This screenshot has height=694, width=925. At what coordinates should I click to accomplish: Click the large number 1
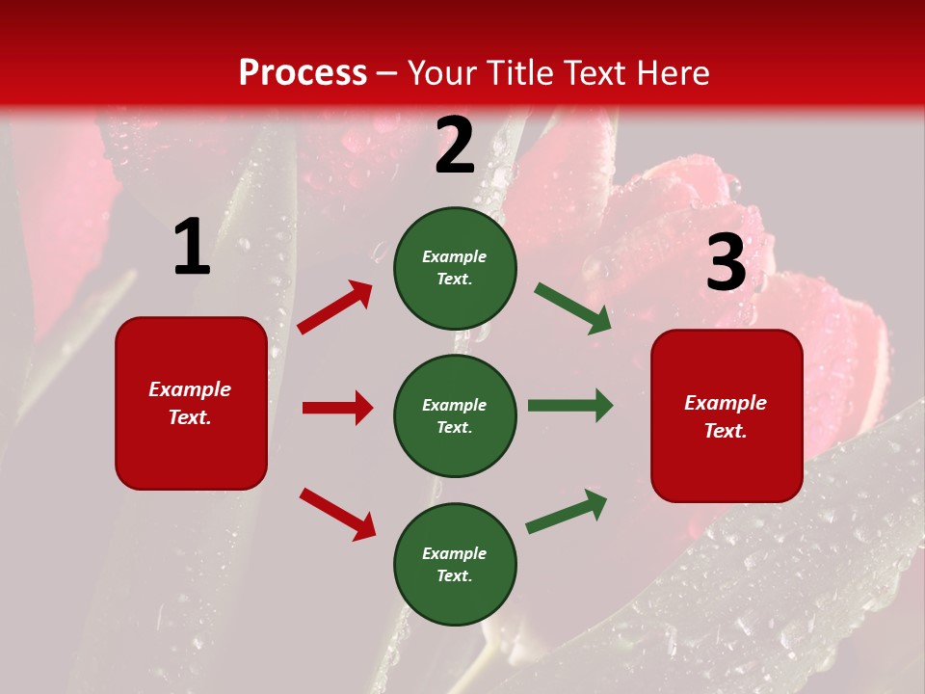(192, 248)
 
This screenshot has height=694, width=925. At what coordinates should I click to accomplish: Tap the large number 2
(455, 146)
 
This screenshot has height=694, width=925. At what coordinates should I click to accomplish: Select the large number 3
(726, 263)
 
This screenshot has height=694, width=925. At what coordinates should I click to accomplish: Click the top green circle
(455, 268)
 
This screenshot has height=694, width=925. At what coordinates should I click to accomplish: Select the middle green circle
(455, 415)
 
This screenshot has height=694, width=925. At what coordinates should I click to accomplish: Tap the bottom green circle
(455, 564)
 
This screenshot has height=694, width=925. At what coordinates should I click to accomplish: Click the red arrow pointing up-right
(335, 307)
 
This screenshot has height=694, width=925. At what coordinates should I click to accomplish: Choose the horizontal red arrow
(338, 408)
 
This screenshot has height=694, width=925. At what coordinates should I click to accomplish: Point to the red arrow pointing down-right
(337, 514)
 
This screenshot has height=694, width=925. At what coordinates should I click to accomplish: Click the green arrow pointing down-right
(573, 308)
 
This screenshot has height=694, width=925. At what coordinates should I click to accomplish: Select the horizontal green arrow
(570, 405)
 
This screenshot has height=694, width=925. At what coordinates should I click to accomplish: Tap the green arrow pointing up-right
(567, 511)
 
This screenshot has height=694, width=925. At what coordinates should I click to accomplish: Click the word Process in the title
(303, 72)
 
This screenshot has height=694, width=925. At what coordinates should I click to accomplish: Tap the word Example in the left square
(190, 388)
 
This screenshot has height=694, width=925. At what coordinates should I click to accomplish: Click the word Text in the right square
(723, 431)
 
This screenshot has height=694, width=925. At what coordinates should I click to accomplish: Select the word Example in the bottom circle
(455, 553)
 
